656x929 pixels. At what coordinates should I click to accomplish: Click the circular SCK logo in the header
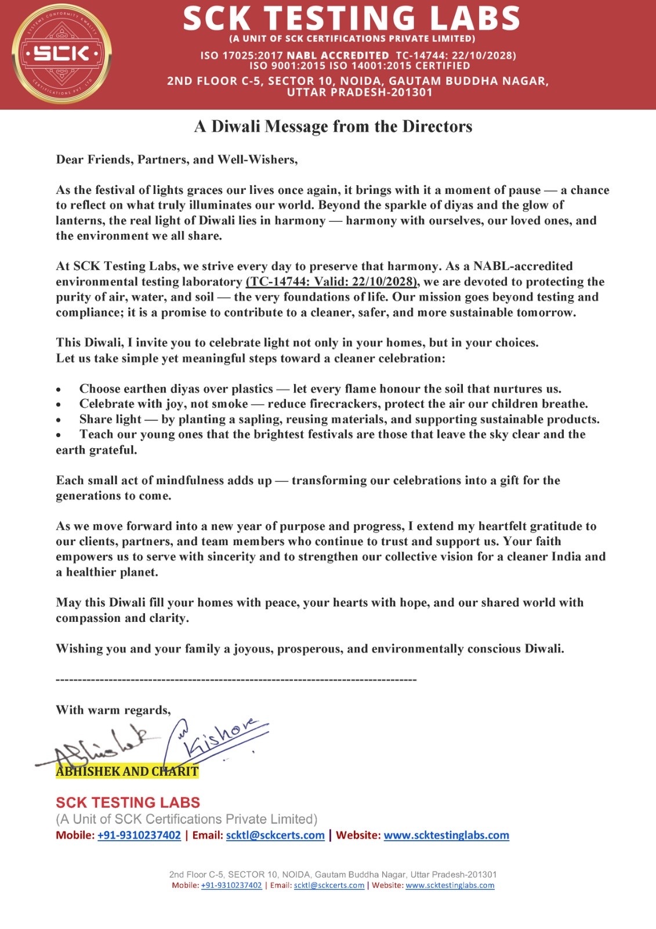point(61,53)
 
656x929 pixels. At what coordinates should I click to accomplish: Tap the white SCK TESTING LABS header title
point(351,18)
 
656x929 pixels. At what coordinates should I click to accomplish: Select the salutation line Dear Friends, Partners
point(177,160)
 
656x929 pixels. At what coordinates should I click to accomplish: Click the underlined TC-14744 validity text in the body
point(332,282)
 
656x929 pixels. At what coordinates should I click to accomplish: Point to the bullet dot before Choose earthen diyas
point(59,390)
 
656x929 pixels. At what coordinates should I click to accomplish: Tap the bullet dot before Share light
point(59,420)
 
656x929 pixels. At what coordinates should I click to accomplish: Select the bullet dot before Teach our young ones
point(59,435)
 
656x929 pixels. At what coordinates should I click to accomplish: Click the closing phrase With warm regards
point(113,710)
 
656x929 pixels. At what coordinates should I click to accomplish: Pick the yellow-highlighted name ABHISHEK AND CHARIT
point(127,772)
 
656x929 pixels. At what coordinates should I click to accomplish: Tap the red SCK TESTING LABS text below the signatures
point(128,803)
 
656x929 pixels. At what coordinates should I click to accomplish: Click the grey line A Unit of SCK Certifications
point(186,819)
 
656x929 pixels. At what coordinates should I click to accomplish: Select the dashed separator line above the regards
point(236,679)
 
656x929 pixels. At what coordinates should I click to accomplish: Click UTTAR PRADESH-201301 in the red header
point(360,92)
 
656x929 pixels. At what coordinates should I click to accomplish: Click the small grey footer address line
point(332,874)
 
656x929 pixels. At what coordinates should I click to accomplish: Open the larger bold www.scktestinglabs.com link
point(446,836)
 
